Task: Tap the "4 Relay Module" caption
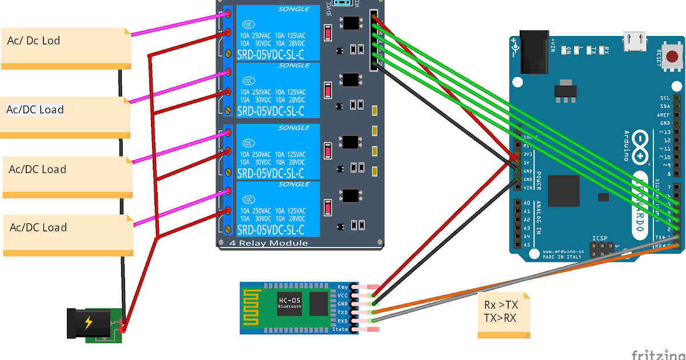268,243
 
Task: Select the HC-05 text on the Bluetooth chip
289,301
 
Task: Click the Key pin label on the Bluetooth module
342,287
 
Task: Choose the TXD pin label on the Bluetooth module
342,313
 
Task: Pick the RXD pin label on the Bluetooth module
342,321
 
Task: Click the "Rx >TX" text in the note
501,305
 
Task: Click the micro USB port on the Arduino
633,39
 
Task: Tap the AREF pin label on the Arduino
663,115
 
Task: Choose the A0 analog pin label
527,203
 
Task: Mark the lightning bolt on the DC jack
88,323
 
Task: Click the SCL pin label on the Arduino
664,98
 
